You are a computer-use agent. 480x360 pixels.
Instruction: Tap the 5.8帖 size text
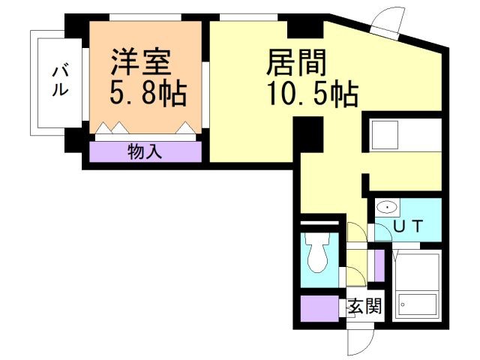tap(148, 93)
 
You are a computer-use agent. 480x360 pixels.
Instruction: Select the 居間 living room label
tap(296, 63)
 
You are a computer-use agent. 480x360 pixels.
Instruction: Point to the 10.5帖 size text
tap(313, 93)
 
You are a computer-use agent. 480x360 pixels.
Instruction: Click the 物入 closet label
tap(145, 151)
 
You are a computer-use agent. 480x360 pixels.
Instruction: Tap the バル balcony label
tap(60, 80)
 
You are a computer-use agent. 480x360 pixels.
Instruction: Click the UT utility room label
tap(408, 226)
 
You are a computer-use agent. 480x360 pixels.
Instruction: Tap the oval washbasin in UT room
tap(388, 208)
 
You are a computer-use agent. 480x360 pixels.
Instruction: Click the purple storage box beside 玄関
tap(320, 308)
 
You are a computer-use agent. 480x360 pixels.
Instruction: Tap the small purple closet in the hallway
tap(379, 265)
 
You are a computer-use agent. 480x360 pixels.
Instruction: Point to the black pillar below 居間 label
tap(308, 134)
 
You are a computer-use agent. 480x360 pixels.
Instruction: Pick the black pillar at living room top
tap(305, 29)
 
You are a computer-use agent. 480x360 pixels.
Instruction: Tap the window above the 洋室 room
tap(145, 17)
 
